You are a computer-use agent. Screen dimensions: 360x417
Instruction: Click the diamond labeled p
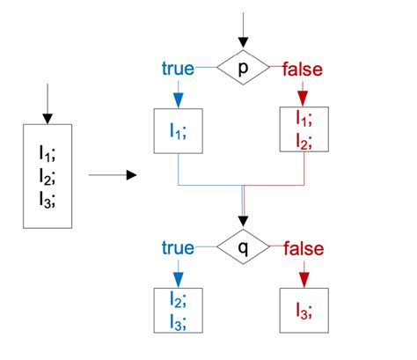coord(243,68)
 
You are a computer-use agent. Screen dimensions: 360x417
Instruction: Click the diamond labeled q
coord(243,248)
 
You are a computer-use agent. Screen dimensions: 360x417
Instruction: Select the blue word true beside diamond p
coord(179,68)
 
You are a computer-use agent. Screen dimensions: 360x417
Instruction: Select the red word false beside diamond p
coord(303,68)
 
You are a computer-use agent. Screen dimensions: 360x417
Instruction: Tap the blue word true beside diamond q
coord(179,248)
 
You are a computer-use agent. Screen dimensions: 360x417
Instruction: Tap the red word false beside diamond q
coord(303,248)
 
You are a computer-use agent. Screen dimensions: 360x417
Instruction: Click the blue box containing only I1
coord(179,135)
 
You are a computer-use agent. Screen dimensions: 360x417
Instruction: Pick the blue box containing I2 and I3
coord(179,309)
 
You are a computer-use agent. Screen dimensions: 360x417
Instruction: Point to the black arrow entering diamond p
coord(243,31)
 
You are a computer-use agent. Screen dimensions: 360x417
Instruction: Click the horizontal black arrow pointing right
coord(114,175)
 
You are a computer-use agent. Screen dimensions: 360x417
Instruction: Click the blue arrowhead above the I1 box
coord(179,99)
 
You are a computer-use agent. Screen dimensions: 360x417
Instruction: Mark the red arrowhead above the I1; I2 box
coord(303,98)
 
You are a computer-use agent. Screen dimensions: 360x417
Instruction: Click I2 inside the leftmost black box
coord(47,176)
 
